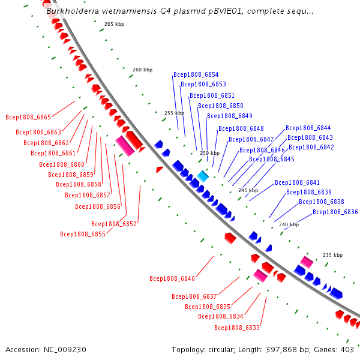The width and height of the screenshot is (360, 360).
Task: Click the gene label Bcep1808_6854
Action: (196, 74)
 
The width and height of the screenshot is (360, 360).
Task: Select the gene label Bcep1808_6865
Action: (28, 117)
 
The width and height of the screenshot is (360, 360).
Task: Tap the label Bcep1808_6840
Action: (172, 278)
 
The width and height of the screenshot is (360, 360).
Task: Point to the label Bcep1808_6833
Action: (237, 328)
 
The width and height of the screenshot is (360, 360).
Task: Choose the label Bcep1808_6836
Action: (335, 212)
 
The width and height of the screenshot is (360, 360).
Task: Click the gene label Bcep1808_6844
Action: (308, 128)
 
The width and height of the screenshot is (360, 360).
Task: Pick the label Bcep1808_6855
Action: (83, 234)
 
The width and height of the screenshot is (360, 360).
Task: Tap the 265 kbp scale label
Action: (115, 24)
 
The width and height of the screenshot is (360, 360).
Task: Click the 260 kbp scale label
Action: (143, 70)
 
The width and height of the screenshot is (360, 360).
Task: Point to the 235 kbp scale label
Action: (332, 255)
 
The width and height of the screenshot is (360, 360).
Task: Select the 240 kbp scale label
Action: (289, 224)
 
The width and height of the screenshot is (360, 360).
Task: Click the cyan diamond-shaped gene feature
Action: (203, 176)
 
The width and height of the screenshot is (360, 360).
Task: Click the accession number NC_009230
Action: (65, 350)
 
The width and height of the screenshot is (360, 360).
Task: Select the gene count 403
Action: (347, 350)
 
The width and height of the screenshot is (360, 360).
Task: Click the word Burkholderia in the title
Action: (73, 11)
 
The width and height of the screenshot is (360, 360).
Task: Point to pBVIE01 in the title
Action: (225, 11)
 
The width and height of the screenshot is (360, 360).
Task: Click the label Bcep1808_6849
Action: (230, 116)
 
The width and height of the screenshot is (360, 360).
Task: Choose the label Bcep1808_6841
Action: (297, 182)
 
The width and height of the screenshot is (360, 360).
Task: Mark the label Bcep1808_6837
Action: (194, 296)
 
